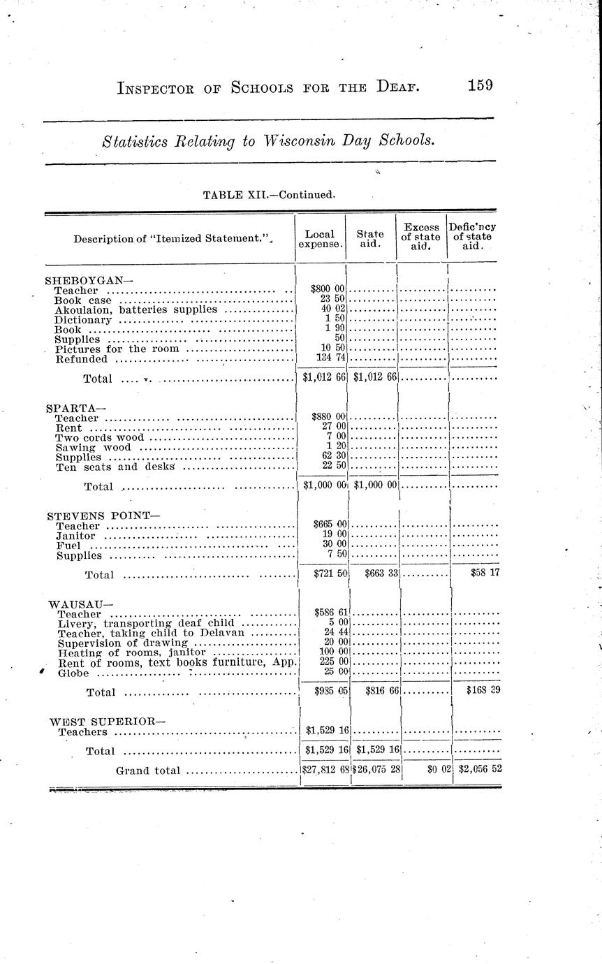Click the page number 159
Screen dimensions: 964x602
pos(480,85)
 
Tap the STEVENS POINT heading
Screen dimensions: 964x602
pos(103,516)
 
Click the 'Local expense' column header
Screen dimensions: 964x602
pos(321,239)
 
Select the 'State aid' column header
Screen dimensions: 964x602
pos(371,239)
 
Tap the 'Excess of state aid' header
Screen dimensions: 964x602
pos(421,237)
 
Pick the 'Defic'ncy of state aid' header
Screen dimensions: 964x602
pos(473,237)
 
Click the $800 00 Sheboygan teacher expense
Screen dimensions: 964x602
pos(328,289)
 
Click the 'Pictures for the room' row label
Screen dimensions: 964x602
pos(117,348)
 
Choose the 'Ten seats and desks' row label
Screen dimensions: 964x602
pos(115,467)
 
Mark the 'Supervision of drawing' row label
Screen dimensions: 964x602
pos(123,643)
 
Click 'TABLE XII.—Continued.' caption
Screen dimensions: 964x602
pos(269,194)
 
